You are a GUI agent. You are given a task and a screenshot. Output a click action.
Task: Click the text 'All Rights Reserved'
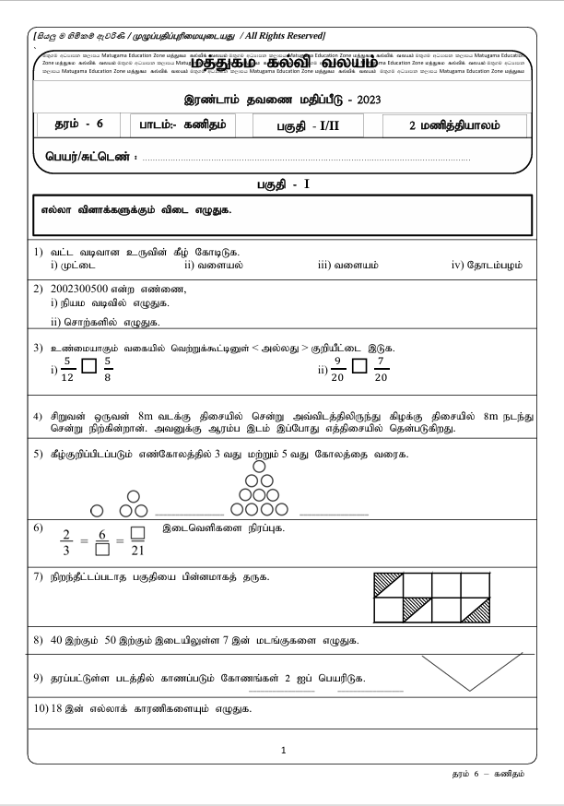tap(282, 35)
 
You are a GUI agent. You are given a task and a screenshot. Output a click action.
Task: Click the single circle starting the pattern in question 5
tap(97, 510)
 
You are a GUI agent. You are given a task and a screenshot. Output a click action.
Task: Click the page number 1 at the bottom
tap(283, 750)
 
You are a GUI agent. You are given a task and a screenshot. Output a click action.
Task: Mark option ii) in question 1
tap(213, 266)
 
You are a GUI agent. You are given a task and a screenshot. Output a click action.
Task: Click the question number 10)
tap(40, 709)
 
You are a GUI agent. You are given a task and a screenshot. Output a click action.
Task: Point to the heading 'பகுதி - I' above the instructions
tap(282, 184)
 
